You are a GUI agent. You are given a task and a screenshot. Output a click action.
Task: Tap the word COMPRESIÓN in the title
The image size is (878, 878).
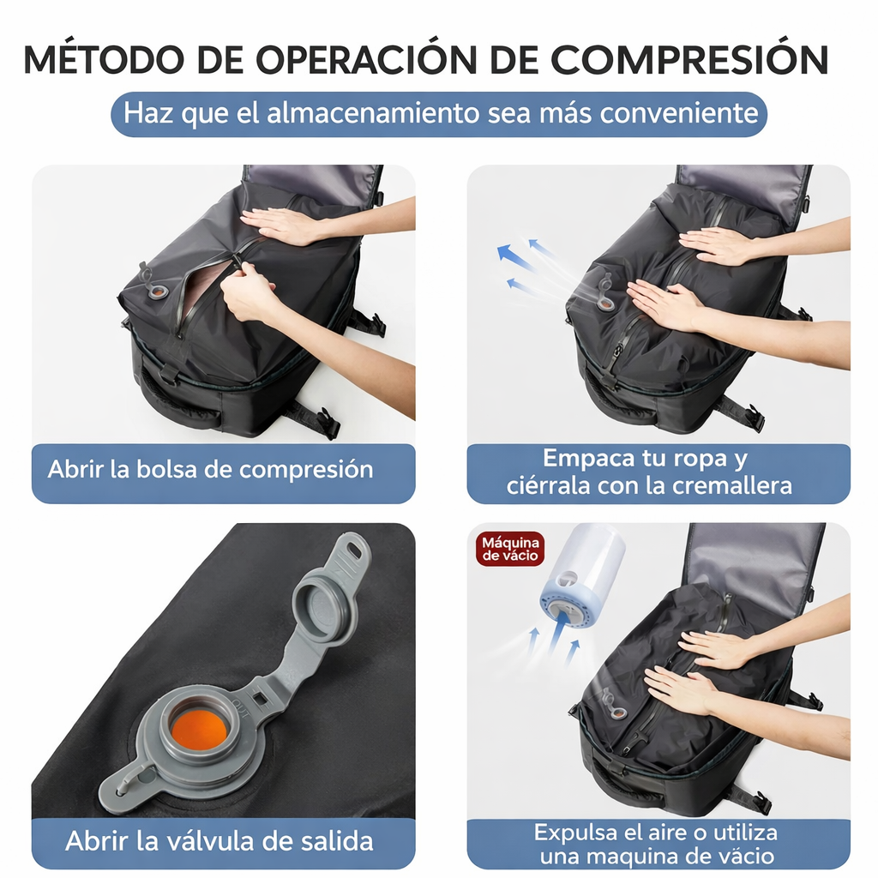(x=689, y=59)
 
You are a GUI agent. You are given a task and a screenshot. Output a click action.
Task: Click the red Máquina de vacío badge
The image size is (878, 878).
(x=510, y=548)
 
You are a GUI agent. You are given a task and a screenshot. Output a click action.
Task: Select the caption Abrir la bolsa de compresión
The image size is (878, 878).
(x=210, y=470)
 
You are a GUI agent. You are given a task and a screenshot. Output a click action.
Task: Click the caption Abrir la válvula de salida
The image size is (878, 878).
(x=219, y=840)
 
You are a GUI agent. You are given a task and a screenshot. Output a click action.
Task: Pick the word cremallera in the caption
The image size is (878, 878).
(x=740, y=486)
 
